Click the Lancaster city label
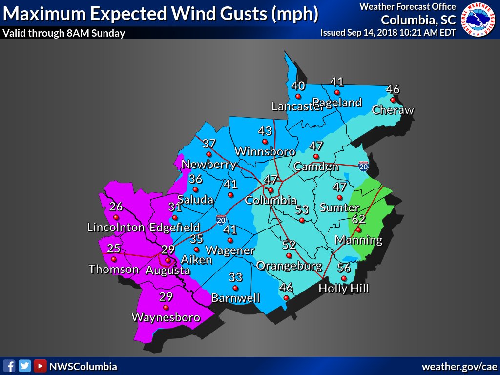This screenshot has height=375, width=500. click(x=297, y=107)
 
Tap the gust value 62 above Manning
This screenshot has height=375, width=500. click(x=359, y=218)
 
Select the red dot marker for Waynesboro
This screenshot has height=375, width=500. click(x=166, y=308)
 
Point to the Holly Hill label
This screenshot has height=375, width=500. click(x=344, y=289)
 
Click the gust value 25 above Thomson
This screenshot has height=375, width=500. click(x=114, y=248)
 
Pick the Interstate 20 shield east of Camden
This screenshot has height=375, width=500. click(x=363, y=166)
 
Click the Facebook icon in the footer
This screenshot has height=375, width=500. click(x=9, y=366)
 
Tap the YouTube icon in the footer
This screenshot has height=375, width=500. click(x=41, y=366)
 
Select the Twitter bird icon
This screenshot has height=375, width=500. click(x=25, y=366)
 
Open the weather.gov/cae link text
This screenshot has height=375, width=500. click(x=459, y=366)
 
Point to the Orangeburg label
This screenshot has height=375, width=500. click(x=289, y=266)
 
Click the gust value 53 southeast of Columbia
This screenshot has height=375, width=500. click(x=302, y=209)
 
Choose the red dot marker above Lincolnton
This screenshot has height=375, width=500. click(x=116, y=217)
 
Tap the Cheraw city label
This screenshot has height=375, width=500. click(x=393, y=110)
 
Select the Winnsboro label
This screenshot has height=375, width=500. click(x=265, y=151)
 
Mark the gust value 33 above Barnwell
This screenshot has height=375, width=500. click(x=235, y=277)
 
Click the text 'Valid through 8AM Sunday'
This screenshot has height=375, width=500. click(x=63, y=33)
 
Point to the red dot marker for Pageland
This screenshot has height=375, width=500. click(x=336, y=92)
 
